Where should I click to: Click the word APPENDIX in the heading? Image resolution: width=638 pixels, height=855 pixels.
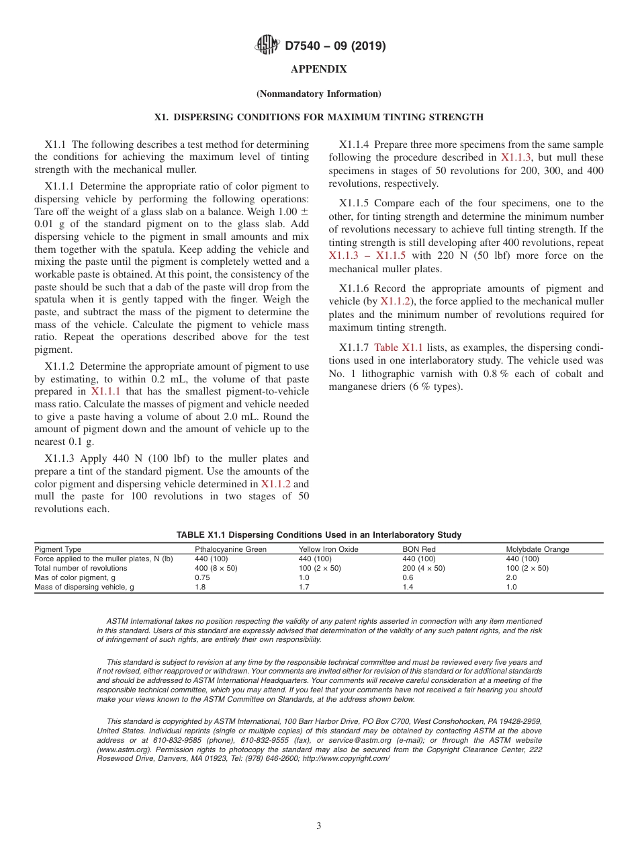coord(319,69)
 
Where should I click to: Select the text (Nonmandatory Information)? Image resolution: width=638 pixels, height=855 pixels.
coord(319,93)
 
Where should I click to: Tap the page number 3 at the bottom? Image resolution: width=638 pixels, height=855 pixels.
coord(319,825)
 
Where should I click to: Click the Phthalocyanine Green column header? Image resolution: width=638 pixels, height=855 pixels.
coord(230,549)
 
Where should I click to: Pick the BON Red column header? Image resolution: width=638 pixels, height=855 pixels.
coord(418,549)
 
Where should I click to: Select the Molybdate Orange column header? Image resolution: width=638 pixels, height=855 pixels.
coord(537,549)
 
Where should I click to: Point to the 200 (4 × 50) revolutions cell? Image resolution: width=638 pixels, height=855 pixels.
coord(423,568)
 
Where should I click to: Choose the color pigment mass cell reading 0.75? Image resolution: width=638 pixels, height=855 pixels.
coord(201,577)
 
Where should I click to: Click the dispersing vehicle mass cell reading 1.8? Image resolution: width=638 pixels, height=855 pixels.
coord(200,587)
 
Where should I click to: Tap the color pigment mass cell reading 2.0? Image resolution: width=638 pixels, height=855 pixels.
coord(511,577)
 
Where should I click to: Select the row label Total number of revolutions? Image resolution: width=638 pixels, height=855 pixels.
coord(80,568)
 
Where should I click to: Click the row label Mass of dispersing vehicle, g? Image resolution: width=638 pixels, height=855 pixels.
coord(84,587)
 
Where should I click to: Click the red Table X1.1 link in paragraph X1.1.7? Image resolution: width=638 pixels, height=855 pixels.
coord(398,348)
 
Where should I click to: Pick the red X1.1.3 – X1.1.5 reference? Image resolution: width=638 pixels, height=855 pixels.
coord(367,255)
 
